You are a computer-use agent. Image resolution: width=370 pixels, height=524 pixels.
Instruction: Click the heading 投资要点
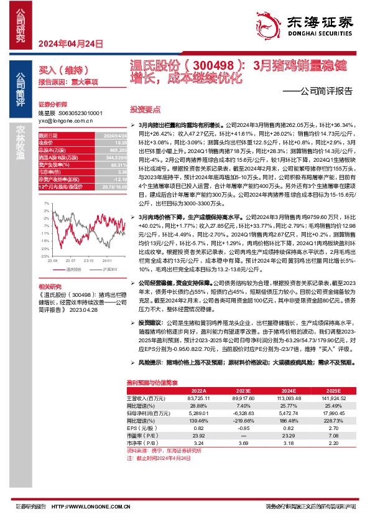pyautogui.click(x=145, y=108)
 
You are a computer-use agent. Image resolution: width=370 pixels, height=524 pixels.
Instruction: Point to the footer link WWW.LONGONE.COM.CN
pyautogui.click(x=100, y=507)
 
